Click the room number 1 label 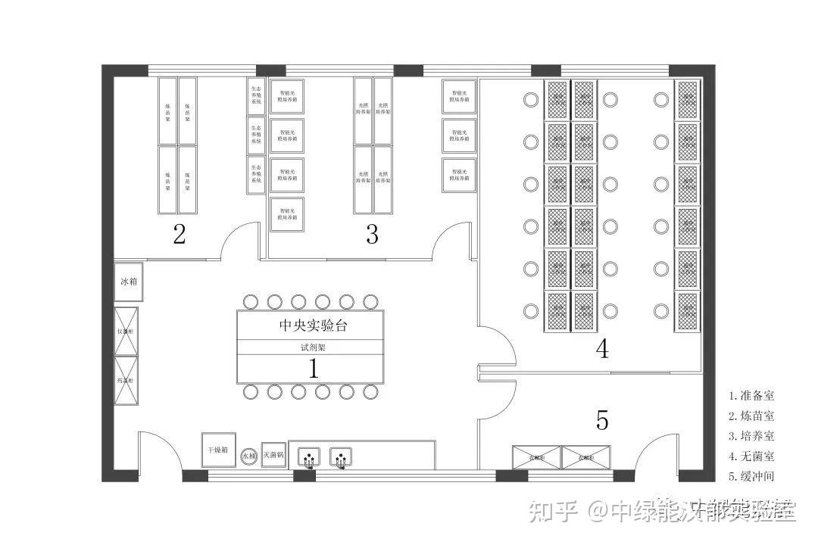click(313, 369)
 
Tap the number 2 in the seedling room click(179, 234)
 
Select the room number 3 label click(372, 234)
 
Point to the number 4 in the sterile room click(602, 349)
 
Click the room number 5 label click(602, 419)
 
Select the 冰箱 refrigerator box click(129, 282)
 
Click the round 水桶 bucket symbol click(249, 456)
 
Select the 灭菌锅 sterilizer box click(273, 455)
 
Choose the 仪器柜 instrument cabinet click(126, 331)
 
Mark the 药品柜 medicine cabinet click(126, 379)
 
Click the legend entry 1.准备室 click(752, 395)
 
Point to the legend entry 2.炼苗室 click(752, 416)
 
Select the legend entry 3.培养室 click(752, 436)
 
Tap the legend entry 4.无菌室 click(752, 456)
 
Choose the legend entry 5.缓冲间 click(752, 477)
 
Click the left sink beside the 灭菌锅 click(308, 456)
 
